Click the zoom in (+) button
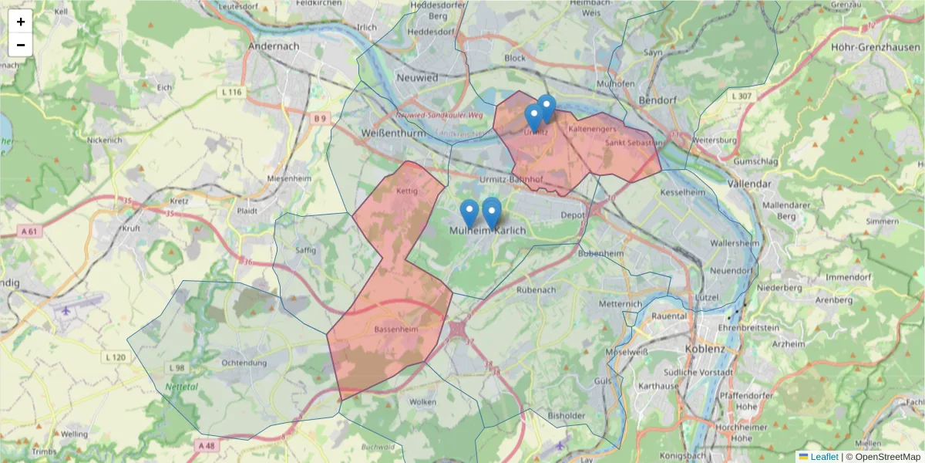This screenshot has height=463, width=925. pos(21,22)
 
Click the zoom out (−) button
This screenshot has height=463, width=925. pos(21,45)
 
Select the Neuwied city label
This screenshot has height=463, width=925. pos(416,77)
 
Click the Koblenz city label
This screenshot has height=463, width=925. pos(705,349)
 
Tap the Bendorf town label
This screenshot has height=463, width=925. pos(658,100)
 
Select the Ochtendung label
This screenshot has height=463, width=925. pos(244,363)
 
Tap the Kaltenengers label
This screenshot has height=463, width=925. pos(593,129)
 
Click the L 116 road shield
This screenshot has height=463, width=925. pos(231,93)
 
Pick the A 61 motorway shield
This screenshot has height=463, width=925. pos(29,231)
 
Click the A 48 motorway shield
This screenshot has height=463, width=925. pos(205,446)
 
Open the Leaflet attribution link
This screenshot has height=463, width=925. pos(823,457)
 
